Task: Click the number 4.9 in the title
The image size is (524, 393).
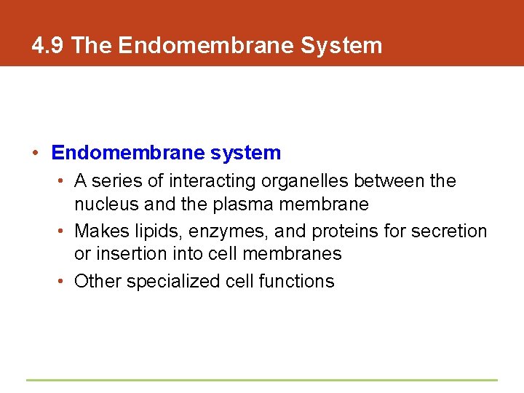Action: tap(49, 46)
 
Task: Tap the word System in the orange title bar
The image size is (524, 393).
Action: tap(341, 46)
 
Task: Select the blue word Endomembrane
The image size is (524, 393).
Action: tap(128, 153)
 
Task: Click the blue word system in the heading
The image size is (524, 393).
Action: tap(245, 153)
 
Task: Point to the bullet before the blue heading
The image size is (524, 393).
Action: tap(35, 153)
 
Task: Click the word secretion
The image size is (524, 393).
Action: tap(449, 231)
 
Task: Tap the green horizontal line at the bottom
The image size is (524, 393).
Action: tap(262, 380)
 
